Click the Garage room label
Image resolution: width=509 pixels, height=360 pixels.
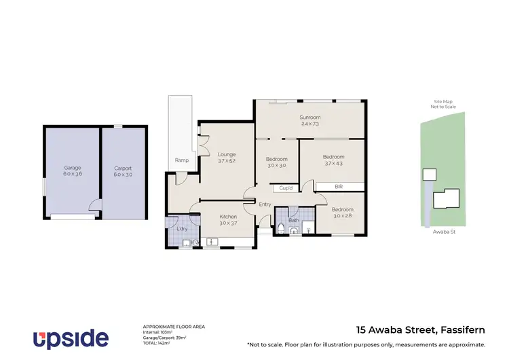point(73,168)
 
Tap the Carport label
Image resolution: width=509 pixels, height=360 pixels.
point(123,168)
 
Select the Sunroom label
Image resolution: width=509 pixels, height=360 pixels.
point(310,117)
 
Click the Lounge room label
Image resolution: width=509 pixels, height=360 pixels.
point(227,154)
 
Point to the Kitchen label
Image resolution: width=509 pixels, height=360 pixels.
point(227,217)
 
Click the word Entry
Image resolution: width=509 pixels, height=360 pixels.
point(265,204)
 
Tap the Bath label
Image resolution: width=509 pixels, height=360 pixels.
point(293,220)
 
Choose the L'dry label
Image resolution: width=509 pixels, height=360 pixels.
point(183,229)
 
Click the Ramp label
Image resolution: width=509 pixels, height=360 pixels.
point(181,160)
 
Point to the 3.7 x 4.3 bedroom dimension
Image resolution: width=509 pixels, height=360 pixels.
point(333,164)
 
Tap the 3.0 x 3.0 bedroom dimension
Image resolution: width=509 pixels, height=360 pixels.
point(276,165)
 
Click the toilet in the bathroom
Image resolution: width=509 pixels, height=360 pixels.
point(281,227)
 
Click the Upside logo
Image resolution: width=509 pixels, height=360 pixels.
point(71,338)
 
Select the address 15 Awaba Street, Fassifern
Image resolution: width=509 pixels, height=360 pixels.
point(421,331)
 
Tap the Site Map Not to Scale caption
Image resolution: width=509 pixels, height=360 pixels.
point(442,104)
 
